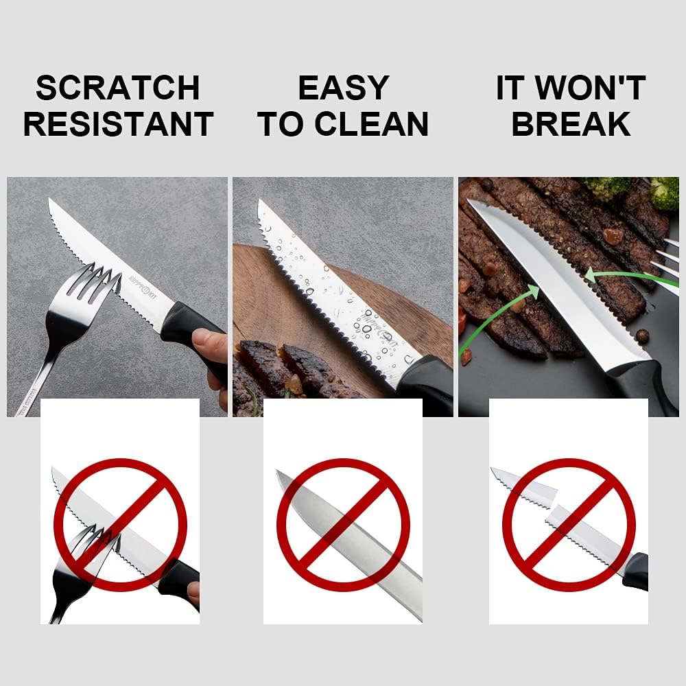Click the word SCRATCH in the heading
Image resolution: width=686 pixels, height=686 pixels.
click(x=117, y=88)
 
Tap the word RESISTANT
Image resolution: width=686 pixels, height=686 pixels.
click(x=117, y=124)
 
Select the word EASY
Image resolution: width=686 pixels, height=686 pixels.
click(x=343, y=88)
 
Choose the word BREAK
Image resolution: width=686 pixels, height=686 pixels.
click(x=571, y=124)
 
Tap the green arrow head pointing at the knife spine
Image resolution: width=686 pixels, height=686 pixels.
click(x=589, y=276)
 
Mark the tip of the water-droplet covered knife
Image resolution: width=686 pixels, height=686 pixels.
click(x=261, y=203)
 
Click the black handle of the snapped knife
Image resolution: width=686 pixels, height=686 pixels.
click(x=636, y=571)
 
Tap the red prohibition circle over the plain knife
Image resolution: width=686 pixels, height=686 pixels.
click(x=342, y=525)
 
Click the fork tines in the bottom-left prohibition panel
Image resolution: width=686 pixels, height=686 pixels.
click(x=96, y=542)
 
